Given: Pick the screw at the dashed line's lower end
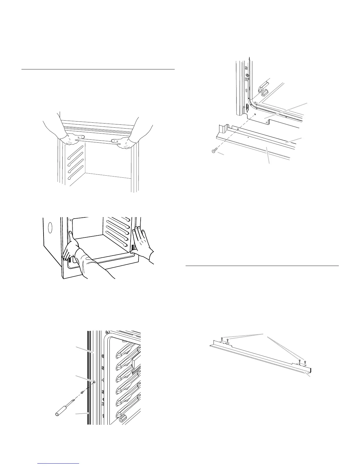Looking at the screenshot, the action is (213, 151).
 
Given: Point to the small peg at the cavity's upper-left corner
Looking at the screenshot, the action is (69, 219).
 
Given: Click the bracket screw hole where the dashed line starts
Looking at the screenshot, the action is (255, 114).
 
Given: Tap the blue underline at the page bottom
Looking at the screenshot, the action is (59, 463).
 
